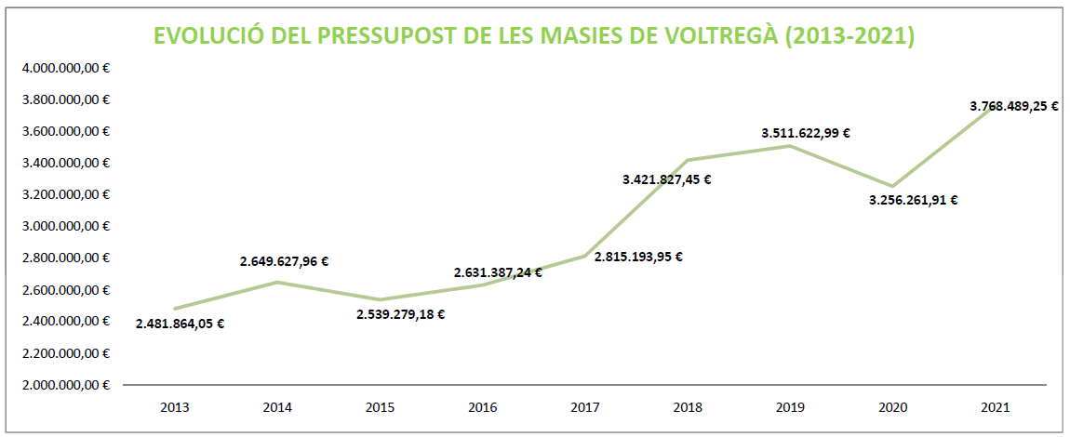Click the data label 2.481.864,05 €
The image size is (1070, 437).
tap(180, 324)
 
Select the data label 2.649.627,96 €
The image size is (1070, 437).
tap(284, 262)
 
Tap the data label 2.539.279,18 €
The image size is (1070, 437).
tap(400, 314)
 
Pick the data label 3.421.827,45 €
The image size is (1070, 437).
tap(667, 179)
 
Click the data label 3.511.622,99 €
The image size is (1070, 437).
tap(806, 133)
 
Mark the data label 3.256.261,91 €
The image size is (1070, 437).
tap(914, 199)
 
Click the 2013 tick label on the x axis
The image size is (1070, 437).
tap(175, 407)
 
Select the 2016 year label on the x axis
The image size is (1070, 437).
tap(482, 407)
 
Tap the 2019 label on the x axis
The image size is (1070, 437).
tap(789, 407)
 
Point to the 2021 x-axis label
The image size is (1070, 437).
tap(994, 407)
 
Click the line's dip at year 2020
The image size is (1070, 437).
tap(891, 186)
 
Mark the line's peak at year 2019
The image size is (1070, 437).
tap(789, 146)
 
